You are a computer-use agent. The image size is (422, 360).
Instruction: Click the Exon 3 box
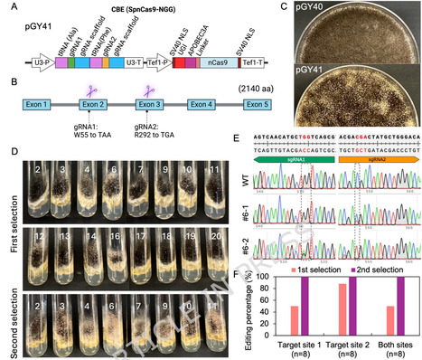147,106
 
